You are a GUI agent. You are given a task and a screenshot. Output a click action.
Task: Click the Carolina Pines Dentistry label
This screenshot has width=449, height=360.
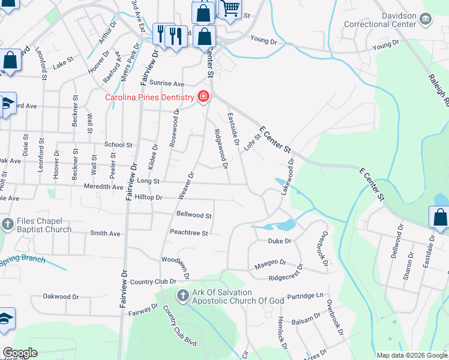pos(150,97)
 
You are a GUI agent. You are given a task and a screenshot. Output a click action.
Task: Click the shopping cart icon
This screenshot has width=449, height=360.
pos(230,9)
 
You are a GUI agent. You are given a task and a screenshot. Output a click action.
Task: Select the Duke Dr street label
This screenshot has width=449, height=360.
pos(279,241)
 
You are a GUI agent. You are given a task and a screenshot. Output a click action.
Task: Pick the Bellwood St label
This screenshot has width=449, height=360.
pos(194,215)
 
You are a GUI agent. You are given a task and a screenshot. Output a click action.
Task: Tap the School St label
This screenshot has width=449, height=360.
pos(118,145)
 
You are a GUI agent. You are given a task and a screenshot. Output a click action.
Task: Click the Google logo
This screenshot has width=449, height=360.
pos(20,353)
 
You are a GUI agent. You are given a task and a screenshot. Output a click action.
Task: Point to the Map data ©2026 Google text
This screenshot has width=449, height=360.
pos(411,355)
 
